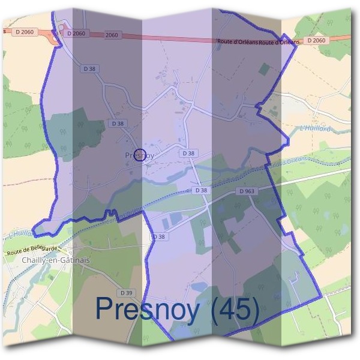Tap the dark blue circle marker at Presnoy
click(x=140, y=155)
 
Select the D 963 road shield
click(x=247, y=191)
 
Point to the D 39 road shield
click(x=126, y=292)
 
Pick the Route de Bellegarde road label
click(x=34, y=249)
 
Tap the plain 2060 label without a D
click(x=111, y=35)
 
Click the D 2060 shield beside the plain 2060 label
click(x=77, y=34)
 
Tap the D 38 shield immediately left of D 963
click(x=201, y=191)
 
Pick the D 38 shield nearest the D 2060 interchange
click(x=88, y=70)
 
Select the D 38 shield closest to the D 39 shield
click(x=158, y=237)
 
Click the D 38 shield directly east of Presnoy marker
click(x=188, y=154)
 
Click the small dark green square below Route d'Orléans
click(x=264, y=69)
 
